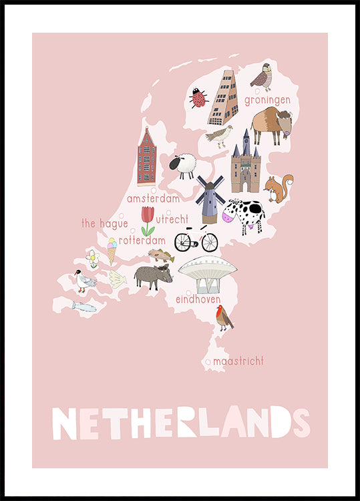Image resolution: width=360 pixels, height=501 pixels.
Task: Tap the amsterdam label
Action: (153, 198)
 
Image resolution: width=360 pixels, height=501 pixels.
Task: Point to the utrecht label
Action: (172, 218)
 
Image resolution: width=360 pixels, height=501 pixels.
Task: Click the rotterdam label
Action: (142, 240)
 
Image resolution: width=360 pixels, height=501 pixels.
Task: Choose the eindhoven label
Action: (198, 300)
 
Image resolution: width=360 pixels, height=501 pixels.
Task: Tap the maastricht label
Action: (238, 361)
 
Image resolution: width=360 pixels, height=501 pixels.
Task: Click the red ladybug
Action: (198, 98)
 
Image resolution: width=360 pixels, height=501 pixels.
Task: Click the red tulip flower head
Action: (148, 214)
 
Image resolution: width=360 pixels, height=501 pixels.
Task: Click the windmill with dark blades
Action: (210, 197)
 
